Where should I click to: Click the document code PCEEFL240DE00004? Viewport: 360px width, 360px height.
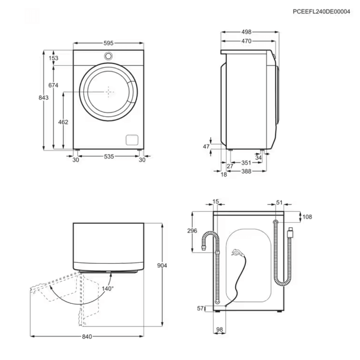tap(321, 11)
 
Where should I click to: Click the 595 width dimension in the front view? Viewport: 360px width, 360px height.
tap(109, 43)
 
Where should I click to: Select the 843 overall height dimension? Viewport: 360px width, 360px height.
tap(43, 98)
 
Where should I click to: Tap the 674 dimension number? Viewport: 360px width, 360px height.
tap(53, 85)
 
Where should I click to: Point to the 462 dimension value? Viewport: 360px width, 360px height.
tap(63, 122)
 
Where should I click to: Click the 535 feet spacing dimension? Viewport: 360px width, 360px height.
tap(109, 156)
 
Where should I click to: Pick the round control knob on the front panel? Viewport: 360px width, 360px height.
tap(109, 56)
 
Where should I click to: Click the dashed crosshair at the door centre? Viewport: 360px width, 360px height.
tap(109, 92)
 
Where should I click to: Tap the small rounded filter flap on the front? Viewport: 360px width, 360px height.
tap(132, 140)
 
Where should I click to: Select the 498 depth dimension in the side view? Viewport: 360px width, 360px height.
tap(246, 32)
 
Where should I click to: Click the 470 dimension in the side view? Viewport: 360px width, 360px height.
tap(246, 41)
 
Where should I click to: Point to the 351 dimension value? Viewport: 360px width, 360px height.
tap(246, 163)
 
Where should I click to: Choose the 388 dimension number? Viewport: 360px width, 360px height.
tap(246, 171)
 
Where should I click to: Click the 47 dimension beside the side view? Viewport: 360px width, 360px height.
tap(206, 146)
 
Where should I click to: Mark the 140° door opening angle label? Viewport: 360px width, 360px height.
tap(108, 289)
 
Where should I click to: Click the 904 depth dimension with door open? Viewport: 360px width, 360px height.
tap(162, 265)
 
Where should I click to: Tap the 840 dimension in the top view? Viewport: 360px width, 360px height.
tap(87, 336)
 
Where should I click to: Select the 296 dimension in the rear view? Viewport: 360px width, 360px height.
tap(192, 230)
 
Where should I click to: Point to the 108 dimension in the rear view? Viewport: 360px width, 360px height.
tap(307, 217)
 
